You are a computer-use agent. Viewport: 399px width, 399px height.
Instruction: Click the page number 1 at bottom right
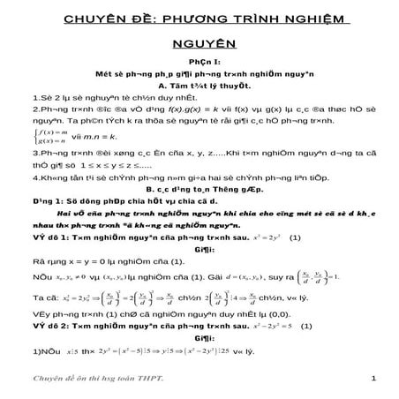point(375,379)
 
